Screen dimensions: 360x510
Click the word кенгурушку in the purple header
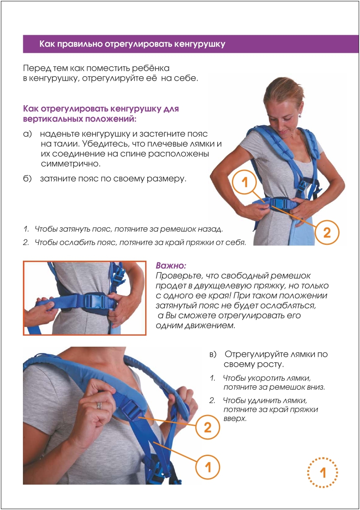point(200,44)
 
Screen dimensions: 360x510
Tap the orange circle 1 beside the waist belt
point(244,182)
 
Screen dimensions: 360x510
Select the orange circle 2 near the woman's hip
point(327,232)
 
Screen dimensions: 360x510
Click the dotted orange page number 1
point(323,473)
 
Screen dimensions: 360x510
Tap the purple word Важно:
point(171,266)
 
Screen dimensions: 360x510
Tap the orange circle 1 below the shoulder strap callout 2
point(208,466)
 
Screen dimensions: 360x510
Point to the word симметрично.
point(71,164)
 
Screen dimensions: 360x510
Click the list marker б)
point(27,179)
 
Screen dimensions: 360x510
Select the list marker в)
point(213,354)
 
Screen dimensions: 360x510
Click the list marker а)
point(27,134)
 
